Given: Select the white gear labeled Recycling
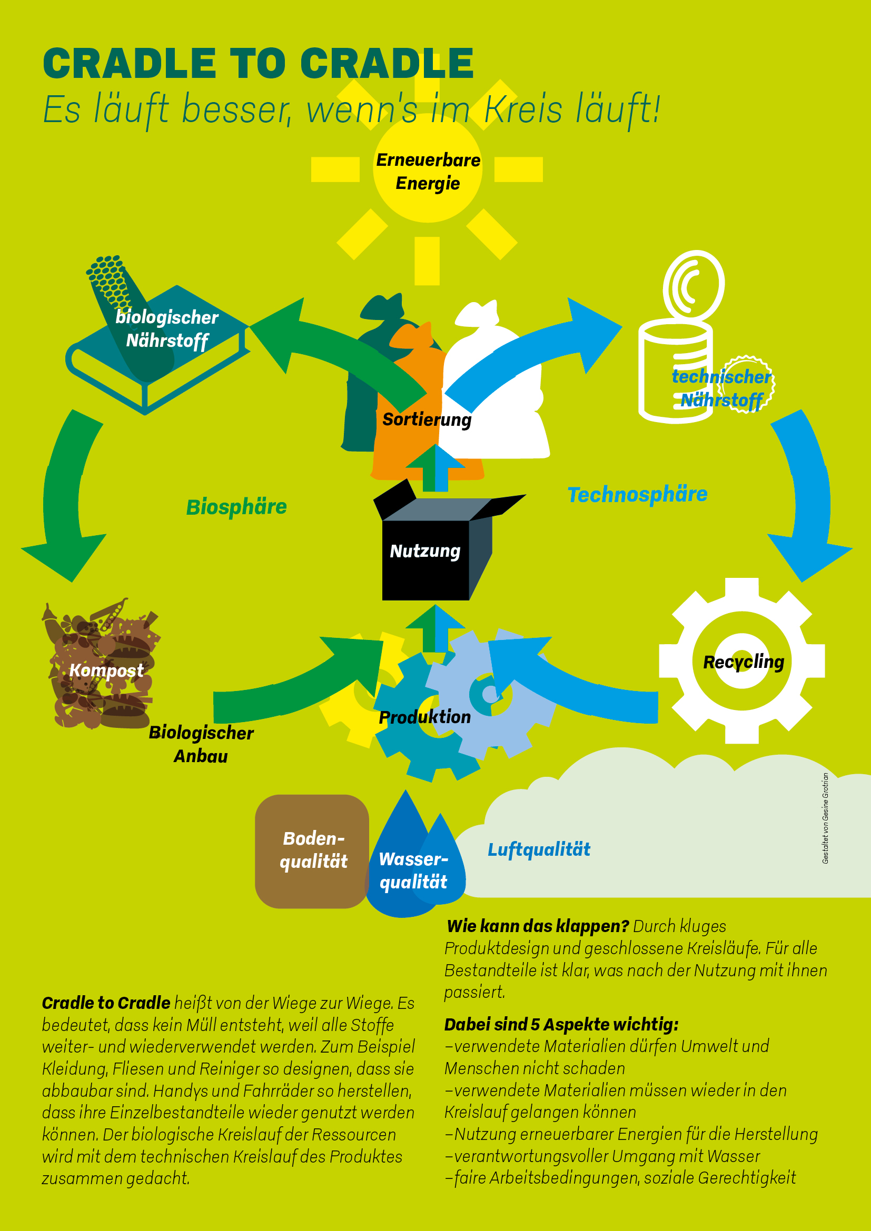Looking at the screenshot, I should click(743, 661).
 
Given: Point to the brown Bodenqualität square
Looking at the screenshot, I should click(312, 851).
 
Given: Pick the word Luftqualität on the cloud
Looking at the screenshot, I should click(539, 849).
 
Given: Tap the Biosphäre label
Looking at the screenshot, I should click(236, 507).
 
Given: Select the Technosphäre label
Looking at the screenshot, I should click(637, 494).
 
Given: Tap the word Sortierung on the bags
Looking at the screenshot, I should click(427, 419).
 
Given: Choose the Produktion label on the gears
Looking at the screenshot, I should click(425, 717).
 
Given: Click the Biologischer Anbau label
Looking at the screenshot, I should click(201, 744).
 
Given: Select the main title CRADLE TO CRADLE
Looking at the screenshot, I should click(258, 63).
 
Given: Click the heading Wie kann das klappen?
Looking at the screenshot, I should click(538, 926).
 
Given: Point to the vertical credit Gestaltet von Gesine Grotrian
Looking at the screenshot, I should click(825, 818).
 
